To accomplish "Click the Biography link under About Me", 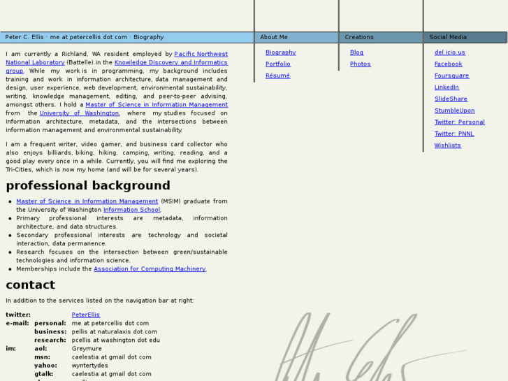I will pos(280,52).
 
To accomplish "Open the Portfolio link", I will pos(277,64).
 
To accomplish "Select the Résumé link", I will pos(277,76).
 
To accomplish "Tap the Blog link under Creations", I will pos(356,52).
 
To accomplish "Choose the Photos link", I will pos(360,64).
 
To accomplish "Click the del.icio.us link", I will pos(449,52).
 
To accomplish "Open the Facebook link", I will pos(448,64).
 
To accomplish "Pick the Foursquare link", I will pos(451,76).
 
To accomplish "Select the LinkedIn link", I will pos(447,87).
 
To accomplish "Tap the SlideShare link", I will pos(451,99).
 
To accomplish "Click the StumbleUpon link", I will pos(454,110).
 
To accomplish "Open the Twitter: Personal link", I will pos(459,122).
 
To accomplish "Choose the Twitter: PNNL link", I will pos(453,134).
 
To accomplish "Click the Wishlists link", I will pos(447,145).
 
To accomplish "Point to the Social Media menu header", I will pos(448,37).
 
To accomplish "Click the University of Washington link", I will pos(79,113).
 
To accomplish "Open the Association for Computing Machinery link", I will pos(150,269).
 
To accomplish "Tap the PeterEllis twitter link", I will pos(85,315).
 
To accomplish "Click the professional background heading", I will pos(88,185).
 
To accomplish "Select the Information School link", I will pos(131,210).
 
